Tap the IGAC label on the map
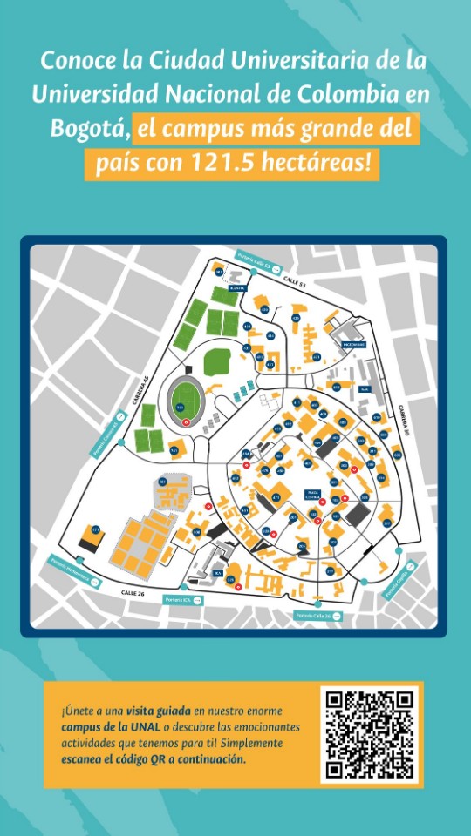pos(365,389)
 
